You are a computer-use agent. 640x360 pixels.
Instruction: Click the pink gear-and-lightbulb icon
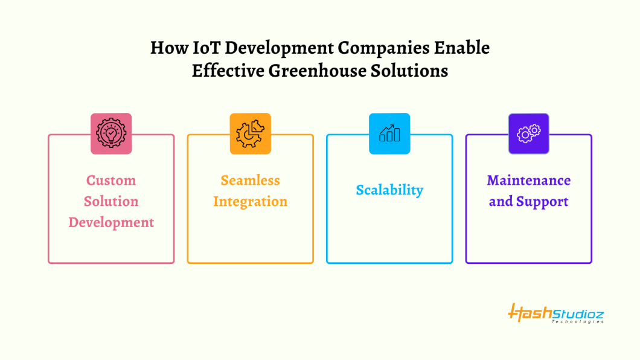[111, 133]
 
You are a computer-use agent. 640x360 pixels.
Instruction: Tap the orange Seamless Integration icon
[250, 133]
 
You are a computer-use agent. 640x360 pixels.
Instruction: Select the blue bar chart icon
[389, 133]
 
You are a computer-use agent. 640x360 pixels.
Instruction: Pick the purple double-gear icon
[528, 133]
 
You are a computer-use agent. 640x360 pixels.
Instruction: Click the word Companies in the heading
[383, 48]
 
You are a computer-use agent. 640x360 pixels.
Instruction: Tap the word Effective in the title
[228, 71]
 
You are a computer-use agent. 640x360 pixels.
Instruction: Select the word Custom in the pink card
[111, 180]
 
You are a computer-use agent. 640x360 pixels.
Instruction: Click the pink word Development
[111, 223]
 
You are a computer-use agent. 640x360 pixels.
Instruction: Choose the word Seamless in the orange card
[250, 180]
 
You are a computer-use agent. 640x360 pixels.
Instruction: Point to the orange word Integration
[250, 202]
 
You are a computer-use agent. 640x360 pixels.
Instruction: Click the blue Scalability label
[389, 190]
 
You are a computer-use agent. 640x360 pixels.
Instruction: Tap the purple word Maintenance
[528, 180]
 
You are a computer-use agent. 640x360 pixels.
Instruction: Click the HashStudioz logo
[556, 313]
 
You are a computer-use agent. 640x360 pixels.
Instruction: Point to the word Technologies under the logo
[578, 321]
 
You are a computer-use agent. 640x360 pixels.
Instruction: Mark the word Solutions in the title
[409, 71]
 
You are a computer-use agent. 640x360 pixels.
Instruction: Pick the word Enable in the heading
[462, 48]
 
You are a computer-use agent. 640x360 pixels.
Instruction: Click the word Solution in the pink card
[111, 201]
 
